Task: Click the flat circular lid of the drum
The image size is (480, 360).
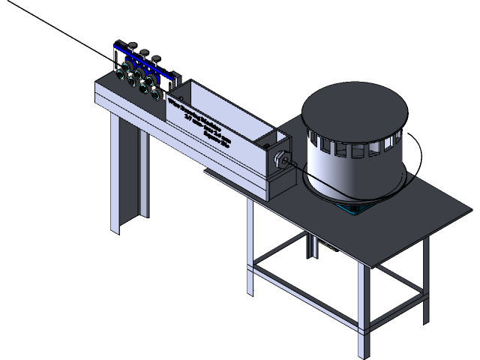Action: [x=353, y=110]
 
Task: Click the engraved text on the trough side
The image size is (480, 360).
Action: [x=199, y=124]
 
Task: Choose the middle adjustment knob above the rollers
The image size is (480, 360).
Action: [x=143, y=52]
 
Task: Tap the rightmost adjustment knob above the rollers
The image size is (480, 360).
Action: [x=156, y=58]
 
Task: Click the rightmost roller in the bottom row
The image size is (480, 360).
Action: [x=154, y=94]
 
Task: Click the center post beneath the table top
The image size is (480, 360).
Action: [x=308, y=244]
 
